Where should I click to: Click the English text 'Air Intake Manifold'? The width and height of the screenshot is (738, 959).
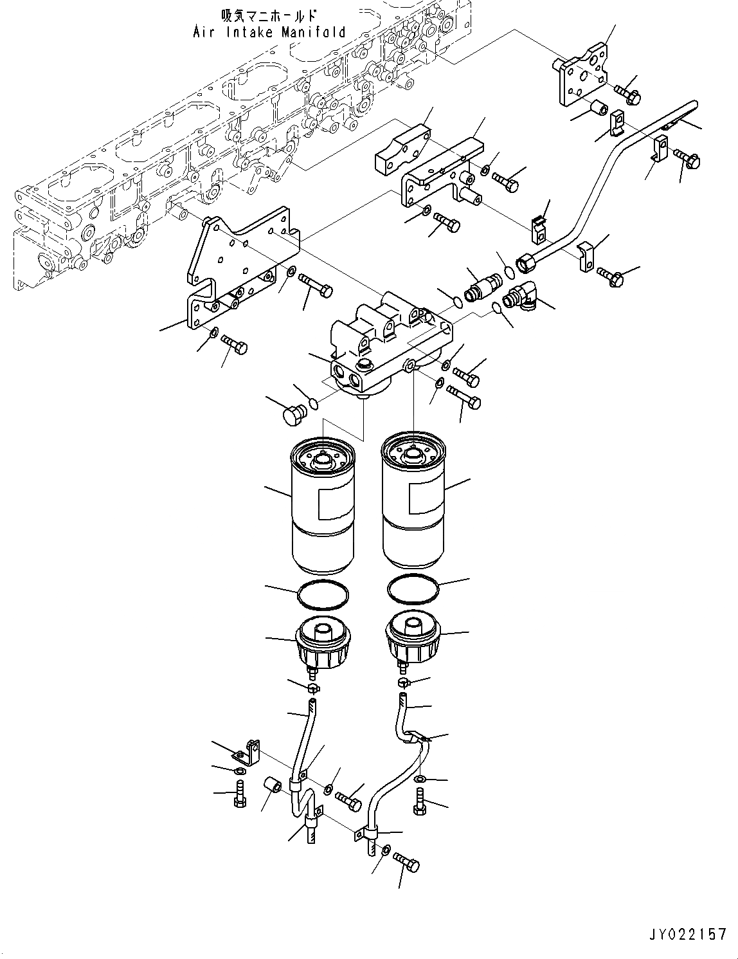click(x=269, y=32)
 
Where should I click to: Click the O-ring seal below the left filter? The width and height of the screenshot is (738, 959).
click(x=324, y=594)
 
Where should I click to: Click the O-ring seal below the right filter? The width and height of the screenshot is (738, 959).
click(x=414, y=589)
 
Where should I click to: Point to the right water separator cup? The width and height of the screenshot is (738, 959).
click(x=412, y=641)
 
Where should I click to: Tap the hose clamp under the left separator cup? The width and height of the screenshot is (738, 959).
click(x=314, y=689)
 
